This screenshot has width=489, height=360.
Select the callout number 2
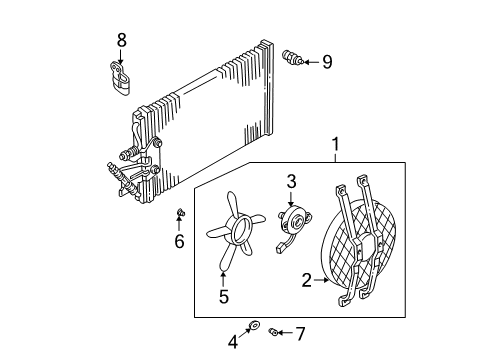tap(307, 281)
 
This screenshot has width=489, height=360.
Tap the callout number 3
tap(292, 181)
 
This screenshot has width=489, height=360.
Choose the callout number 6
tap(180, 241)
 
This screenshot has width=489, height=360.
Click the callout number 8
tap(122, 41)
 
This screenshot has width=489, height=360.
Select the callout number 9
tap(326, 62)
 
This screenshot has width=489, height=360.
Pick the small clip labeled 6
tap(177, 213)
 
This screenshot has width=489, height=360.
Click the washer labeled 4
tap(256, 326)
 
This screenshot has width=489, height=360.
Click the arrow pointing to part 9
tap(309, 62)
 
